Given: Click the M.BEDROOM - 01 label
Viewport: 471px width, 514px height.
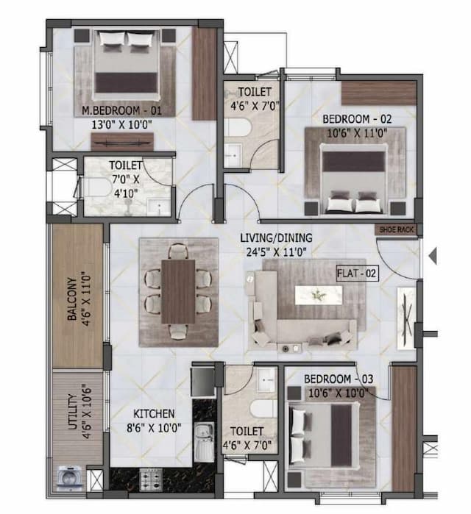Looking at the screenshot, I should pyautogui.click(x=122, y=110).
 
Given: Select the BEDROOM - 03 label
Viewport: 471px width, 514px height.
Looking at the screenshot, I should pyautogui.click(x=340, y=378).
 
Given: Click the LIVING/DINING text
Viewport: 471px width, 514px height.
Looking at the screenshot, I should pyautogui.click(x=276, y=238).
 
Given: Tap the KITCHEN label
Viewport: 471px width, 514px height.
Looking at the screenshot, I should pyautogui.click(x=154, y=413).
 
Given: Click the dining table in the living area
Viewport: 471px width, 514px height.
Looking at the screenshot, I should pyautogui.click(x=177, y=291).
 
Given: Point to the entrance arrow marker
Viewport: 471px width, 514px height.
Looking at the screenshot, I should pyautogui.click(x=433, y=256).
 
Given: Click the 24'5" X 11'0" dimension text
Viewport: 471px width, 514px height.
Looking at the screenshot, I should pyautogui.click(x=276, y=251).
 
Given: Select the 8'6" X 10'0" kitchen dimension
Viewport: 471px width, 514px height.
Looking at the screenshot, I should pyautogui.click(x=154, y=426).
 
